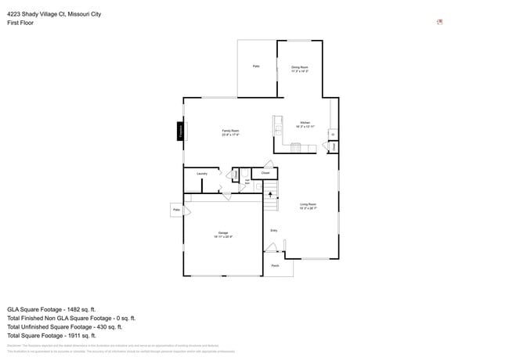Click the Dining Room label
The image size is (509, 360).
pos(300,68)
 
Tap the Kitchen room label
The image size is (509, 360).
pos(305,123)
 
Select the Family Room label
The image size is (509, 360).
pos(230,131)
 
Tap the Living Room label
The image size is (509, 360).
pos(307,205)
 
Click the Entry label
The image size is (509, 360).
pos(274,230)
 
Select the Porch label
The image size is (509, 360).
pos(275,266)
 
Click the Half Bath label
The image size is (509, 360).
pos(247,182)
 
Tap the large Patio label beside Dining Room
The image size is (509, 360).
pos(256,67)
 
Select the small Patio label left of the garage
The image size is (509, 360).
pos(176,210)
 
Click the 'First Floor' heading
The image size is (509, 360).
pos(20,23)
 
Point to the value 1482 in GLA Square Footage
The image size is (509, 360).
pos(81,309)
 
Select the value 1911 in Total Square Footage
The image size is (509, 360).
pos(81,335)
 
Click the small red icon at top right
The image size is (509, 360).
pos(440,22)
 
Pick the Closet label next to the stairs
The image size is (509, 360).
pos(265,173)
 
